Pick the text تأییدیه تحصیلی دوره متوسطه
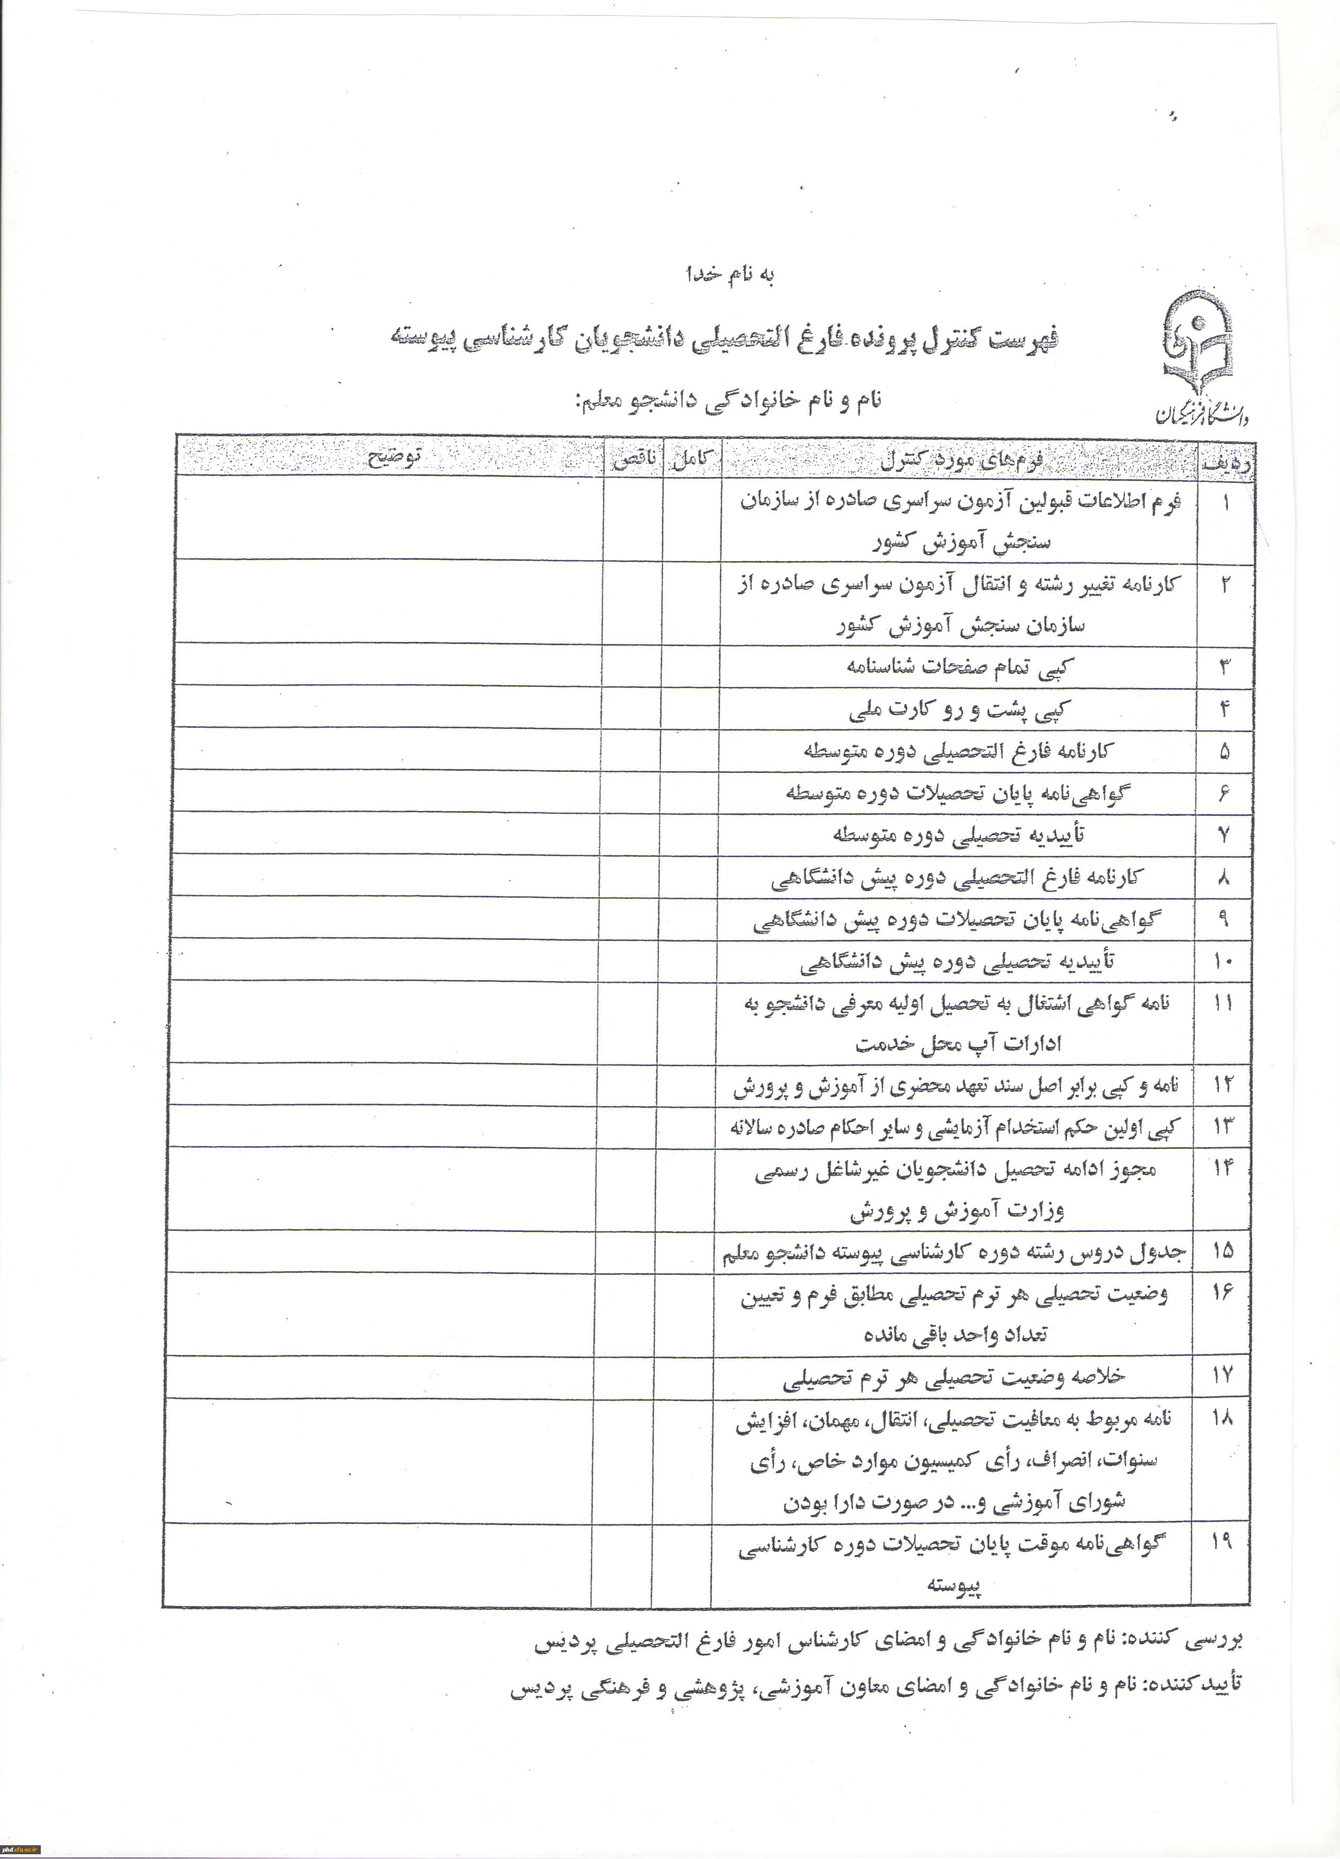pos(959,834)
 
